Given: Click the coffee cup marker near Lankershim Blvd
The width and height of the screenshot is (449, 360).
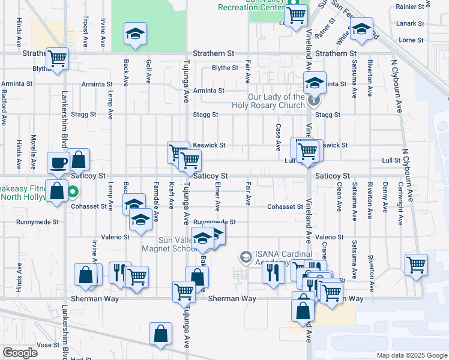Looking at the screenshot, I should click(59, 163).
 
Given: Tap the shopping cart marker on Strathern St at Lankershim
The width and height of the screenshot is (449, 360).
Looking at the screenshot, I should click(58, 59).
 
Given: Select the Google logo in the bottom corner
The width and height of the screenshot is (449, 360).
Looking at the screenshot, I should click(20, 352).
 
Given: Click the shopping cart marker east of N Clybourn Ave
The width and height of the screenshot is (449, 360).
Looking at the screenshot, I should click(416, 264).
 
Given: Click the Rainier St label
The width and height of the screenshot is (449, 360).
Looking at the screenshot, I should click(410, 7).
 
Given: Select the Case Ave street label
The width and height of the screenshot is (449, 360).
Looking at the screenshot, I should click(278, 138).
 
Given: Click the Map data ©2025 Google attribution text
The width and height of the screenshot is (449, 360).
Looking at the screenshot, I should click(411, 355).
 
